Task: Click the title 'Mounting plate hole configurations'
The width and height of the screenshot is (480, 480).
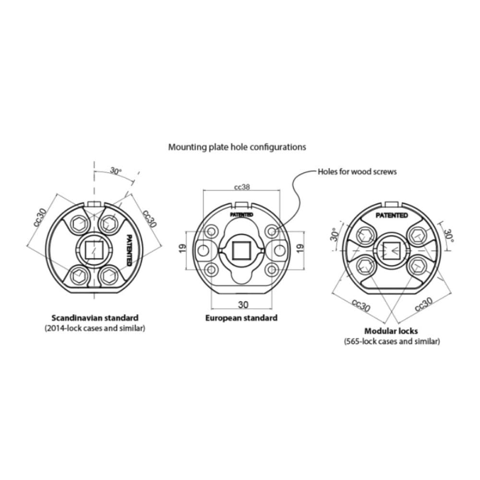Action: point(237,147)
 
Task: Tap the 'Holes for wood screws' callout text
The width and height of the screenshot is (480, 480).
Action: point(357,171)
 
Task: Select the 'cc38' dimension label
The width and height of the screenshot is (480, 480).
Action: point(242,187)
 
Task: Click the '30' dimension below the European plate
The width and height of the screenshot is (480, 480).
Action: point(243,305)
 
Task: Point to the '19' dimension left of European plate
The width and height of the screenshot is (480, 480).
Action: point(182,249)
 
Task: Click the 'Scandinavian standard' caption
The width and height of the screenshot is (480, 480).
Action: point(95,318)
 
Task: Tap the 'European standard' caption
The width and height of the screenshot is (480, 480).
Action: point(241,318)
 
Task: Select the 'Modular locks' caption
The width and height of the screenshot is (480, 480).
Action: point(391,331)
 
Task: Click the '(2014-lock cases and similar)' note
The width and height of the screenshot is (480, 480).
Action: point(95,328)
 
